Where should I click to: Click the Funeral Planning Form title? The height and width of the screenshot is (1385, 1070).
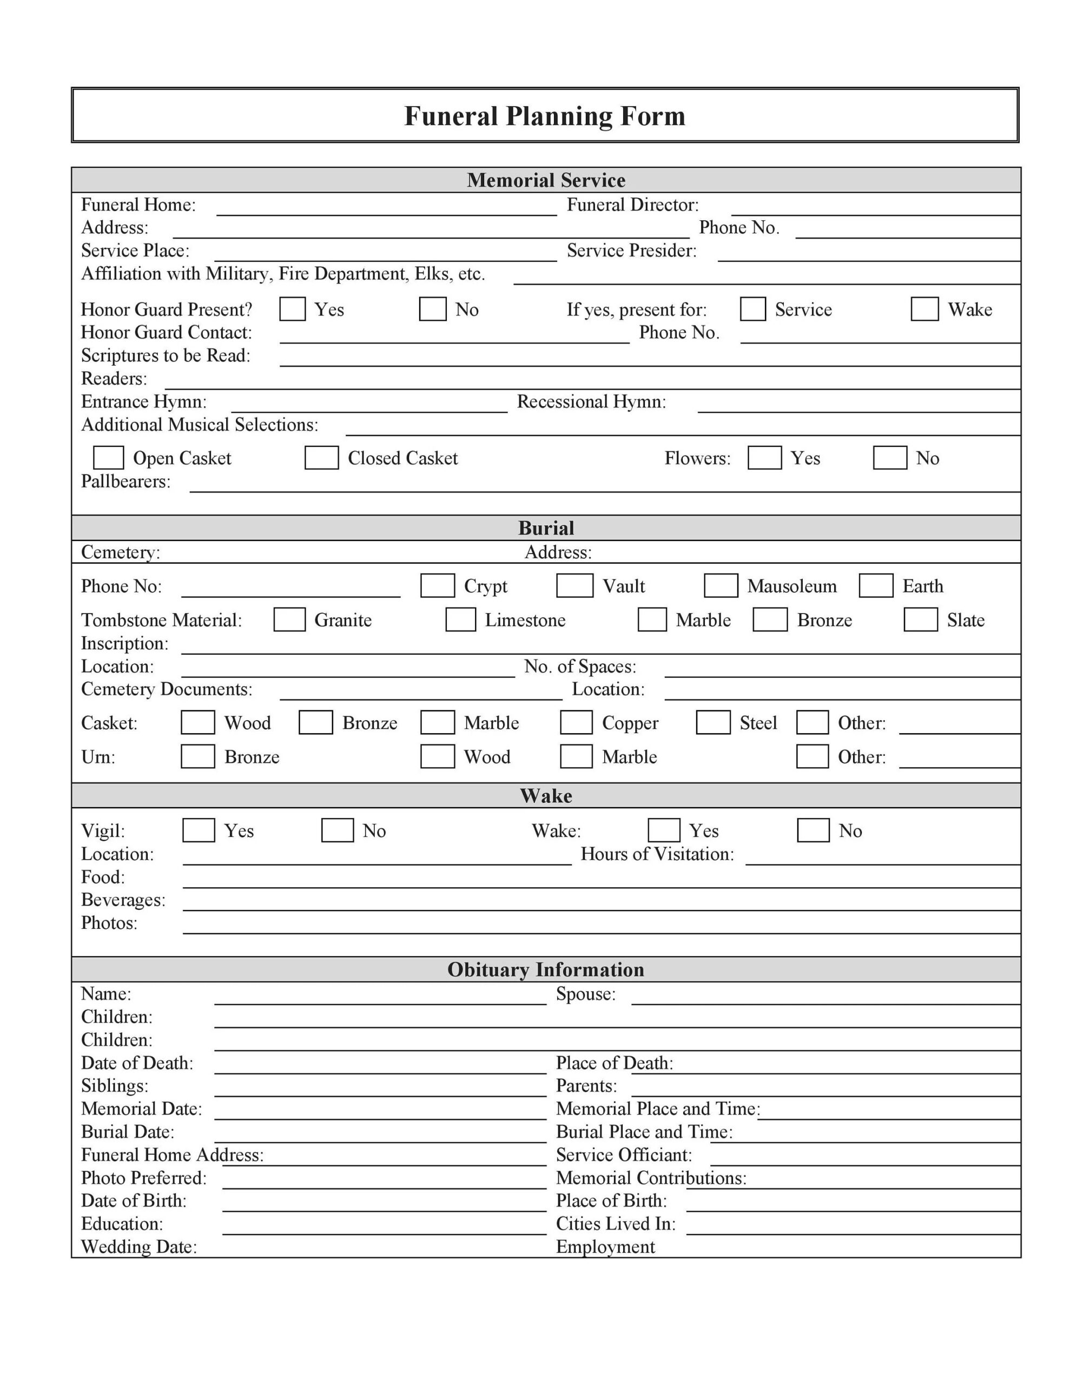coord(544,116)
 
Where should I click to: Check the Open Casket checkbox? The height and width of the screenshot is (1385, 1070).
coord(108,457)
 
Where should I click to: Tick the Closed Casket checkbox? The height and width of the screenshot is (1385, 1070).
coord(321,457)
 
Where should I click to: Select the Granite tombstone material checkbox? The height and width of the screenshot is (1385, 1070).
coord(289,619)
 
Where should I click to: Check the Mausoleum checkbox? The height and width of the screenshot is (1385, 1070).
coord(721,585)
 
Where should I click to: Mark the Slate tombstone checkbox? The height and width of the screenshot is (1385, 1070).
coord(920,619)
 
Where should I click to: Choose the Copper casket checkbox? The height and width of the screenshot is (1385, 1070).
coord(576,722)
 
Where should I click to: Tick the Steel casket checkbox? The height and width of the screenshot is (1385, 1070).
coord(713,722)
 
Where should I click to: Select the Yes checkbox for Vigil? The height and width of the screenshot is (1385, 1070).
coord(199,830)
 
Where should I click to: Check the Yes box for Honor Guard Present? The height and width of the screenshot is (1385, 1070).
coord(293,309)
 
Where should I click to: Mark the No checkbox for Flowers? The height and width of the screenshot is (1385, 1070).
coord(889,457)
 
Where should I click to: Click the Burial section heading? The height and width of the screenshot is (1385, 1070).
coord(545,527)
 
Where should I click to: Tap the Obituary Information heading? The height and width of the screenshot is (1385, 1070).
coord(545,969)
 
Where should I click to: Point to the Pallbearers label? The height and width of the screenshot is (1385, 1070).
coord(126,482)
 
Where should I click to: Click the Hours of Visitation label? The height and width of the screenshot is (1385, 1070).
coord(657,854)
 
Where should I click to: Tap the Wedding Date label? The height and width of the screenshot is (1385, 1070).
coord(139,1246)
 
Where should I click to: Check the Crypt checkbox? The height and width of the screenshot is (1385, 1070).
coord(437,585)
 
